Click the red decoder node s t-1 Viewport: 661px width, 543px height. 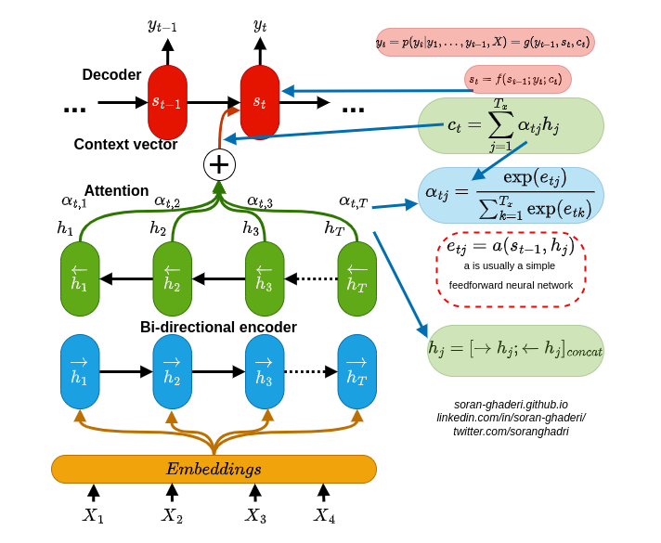pos(167,102)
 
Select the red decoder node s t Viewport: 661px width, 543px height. pos(260,102)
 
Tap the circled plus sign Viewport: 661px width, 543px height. pos(219,164)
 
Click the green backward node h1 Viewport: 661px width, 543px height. pos(80,278)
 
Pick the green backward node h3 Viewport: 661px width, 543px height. pos(265,278)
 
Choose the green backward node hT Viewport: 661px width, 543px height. pos(357,278)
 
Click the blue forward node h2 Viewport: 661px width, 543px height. pos(172,371)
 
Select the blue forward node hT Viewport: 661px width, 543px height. pos(357,371)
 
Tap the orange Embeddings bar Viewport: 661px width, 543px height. pos(214,469)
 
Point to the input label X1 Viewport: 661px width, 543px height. pos(93,515)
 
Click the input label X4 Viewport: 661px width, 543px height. pos(324,515)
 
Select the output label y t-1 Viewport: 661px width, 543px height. pos(162,25)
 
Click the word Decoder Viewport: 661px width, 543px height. pos(111,75)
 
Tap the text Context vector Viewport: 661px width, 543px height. pos(125,145)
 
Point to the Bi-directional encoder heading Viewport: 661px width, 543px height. pos(218,328)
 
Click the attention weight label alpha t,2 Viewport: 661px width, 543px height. pos(167,200)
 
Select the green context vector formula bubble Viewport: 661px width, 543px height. pos(511,125)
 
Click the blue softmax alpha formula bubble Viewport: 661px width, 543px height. pos(511,195)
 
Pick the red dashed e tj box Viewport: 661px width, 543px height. pos(511,269)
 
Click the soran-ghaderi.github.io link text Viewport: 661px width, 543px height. pos(511,405)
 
